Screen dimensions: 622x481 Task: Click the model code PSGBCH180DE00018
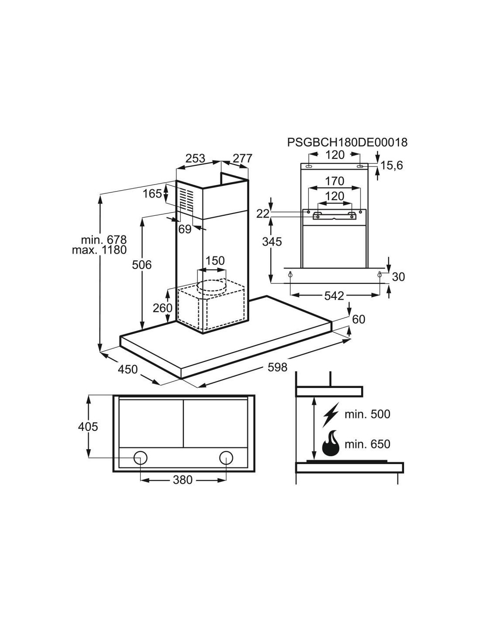pyautogui.click(x=347, y=142)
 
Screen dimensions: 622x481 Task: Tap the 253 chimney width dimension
pyautogui.click(x=195, y=158)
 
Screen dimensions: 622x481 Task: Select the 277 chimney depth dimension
pyautogui.click(x=242, y=158)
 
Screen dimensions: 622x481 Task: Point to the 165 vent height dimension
pyautogui.click(x=153, y=193)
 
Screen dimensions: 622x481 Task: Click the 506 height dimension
pyautogui.click(x=142, y=265)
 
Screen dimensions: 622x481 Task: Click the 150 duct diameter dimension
pyautogui.click(x=215, y=261)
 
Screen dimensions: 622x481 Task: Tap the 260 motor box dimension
pyautogui.click(x=162, y=308)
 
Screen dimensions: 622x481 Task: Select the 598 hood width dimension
pyautogui.click(x=277, y=367)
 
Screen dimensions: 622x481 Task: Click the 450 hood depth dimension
pyautogui.click(x=128, y=369)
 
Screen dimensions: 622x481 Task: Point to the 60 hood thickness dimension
pyautogui.click(x=358, y=319)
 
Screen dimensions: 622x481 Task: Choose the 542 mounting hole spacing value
pyautogui.click(x=334, y=296)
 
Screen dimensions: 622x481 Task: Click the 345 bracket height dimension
pyautogui.click(x=272, y=241)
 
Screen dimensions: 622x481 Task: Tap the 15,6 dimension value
pyautogui.click(x=391, y=165)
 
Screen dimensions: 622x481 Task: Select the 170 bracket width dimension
pyautogui.click(x=335, y=181)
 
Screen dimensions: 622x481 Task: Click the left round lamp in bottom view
pyautogui.click(x=140, y=458)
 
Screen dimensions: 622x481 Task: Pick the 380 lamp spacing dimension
pyautogui.click(x=182, y=480)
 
